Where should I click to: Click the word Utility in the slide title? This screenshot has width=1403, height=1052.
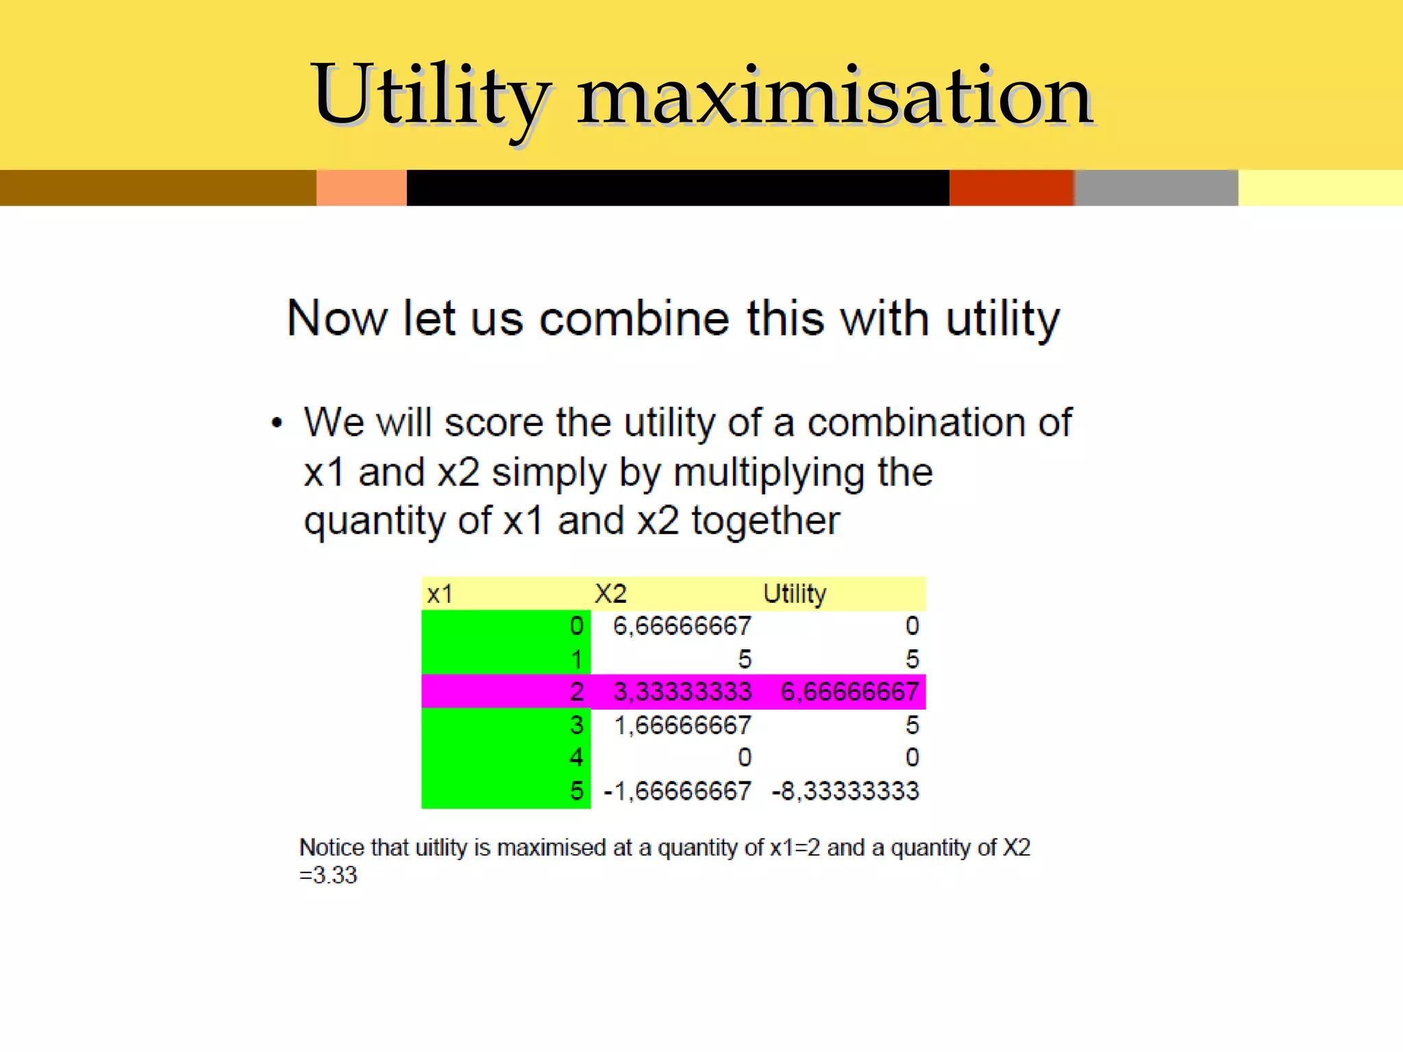coord(430,96)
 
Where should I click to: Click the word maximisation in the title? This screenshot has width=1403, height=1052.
coord(834,96)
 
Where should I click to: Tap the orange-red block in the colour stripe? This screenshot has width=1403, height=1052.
coord(1011,188)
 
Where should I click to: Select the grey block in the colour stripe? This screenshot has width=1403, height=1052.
coord(1156,188)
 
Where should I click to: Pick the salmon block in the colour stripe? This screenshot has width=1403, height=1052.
coord(362,188)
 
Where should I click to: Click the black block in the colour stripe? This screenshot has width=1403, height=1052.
coord(678,188)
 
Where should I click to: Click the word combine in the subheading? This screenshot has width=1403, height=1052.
coord(634,318)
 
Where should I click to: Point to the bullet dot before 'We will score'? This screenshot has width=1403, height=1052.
coord(277,423)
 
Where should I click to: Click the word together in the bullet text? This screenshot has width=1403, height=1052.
coord(765,521)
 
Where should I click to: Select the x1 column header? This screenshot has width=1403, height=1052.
coord(440,594)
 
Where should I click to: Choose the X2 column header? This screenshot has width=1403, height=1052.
coord(610,594)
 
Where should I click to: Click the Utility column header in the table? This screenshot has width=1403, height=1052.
coord(795,594)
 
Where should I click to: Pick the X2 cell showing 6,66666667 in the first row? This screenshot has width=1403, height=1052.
coord(682,626)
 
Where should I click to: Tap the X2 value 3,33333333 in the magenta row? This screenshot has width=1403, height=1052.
coord(682,692)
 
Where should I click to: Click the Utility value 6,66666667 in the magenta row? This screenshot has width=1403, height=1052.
coord(849,692)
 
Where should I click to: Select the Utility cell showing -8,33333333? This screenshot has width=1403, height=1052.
coord(845,791)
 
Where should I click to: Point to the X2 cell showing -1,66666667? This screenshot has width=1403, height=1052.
coord(677,791)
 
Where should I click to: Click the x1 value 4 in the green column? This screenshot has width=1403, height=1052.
coord(576,757)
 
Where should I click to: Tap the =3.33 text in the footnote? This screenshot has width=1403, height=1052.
coord(328,875)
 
